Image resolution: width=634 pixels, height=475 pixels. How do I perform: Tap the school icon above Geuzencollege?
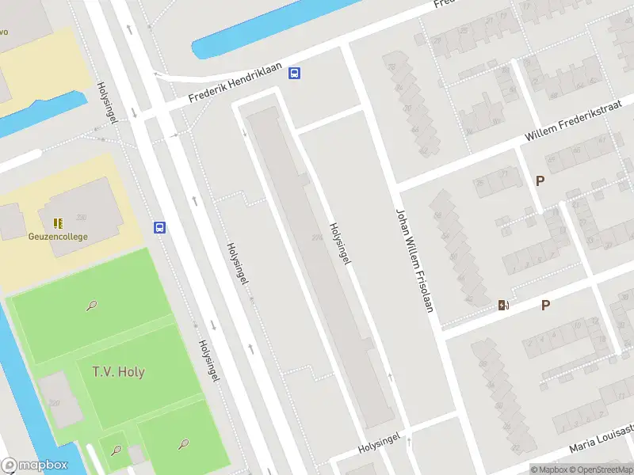coord(57,223)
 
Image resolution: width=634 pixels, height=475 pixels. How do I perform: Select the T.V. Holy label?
coord(118,371)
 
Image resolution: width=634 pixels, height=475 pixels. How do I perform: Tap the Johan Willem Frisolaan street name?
coord(415,259)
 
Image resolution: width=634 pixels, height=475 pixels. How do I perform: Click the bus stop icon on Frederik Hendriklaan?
coord(295,74)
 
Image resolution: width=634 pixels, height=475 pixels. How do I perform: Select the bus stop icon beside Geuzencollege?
coord(159,228)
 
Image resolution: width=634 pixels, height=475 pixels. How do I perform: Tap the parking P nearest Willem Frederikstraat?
coord(540,180)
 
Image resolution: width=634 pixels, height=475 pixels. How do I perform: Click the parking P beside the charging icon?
coord(545,305)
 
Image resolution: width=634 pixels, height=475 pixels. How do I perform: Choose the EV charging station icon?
coord(503,305)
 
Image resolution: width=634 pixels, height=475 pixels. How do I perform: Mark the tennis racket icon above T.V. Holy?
coord(94,305)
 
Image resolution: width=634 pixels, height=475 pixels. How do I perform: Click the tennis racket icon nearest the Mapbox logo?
coord(116,450)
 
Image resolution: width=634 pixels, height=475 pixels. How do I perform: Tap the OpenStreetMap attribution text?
coord(600,469)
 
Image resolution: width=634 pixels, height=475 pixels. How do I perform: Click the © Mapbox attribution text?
coord(548,469)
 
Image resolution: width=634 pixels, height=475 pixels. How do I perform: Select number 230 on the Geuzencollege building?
coord(82,218)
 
